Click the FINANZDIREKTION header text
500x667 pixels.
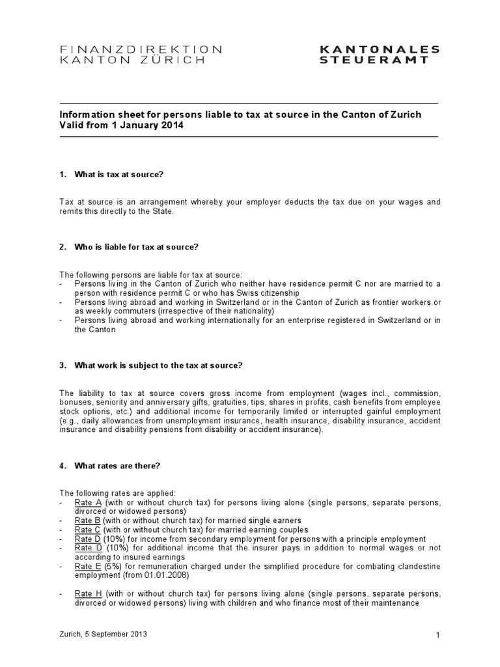point(141,49)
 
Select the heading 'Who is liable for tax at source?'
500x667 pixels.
point(137,247)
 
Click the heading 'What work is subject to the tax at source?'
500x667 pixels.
point(158,365)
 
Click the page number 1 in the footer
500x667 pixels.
point(438,635)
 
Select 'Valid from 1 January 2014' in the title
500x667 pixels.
point(121,126)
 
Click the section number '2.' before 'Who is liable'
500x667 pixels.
point(63,247)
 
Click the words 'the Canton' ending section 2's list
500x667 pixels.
point(95,330)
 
